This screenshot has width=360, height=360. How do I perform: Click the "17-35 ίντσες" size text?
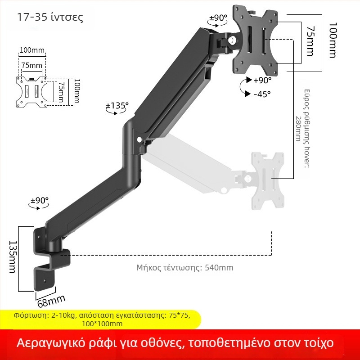point(50,17)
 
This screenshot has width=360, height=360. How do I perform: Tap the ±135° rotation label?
point(117,106)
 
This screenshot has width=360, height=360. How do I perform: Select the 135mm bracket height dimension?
point(13,257)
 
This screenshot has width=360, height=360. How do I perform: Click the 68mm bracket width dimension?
point(51,301)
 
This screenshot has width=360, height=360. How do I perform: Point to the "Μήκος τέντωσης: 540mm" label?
point(185,268)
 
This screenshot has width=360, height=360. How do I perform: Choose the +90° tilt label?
point(262,80)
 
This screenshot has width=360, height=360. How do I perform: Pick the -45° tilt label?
point(262,94)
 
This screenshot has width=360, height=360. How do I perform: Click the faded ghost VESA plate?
point(268,181)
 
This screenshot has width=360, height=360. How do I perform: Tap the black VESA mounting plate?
point(255,40)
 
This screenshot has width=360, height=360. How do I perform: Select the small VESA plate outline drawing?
point(31,92)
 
